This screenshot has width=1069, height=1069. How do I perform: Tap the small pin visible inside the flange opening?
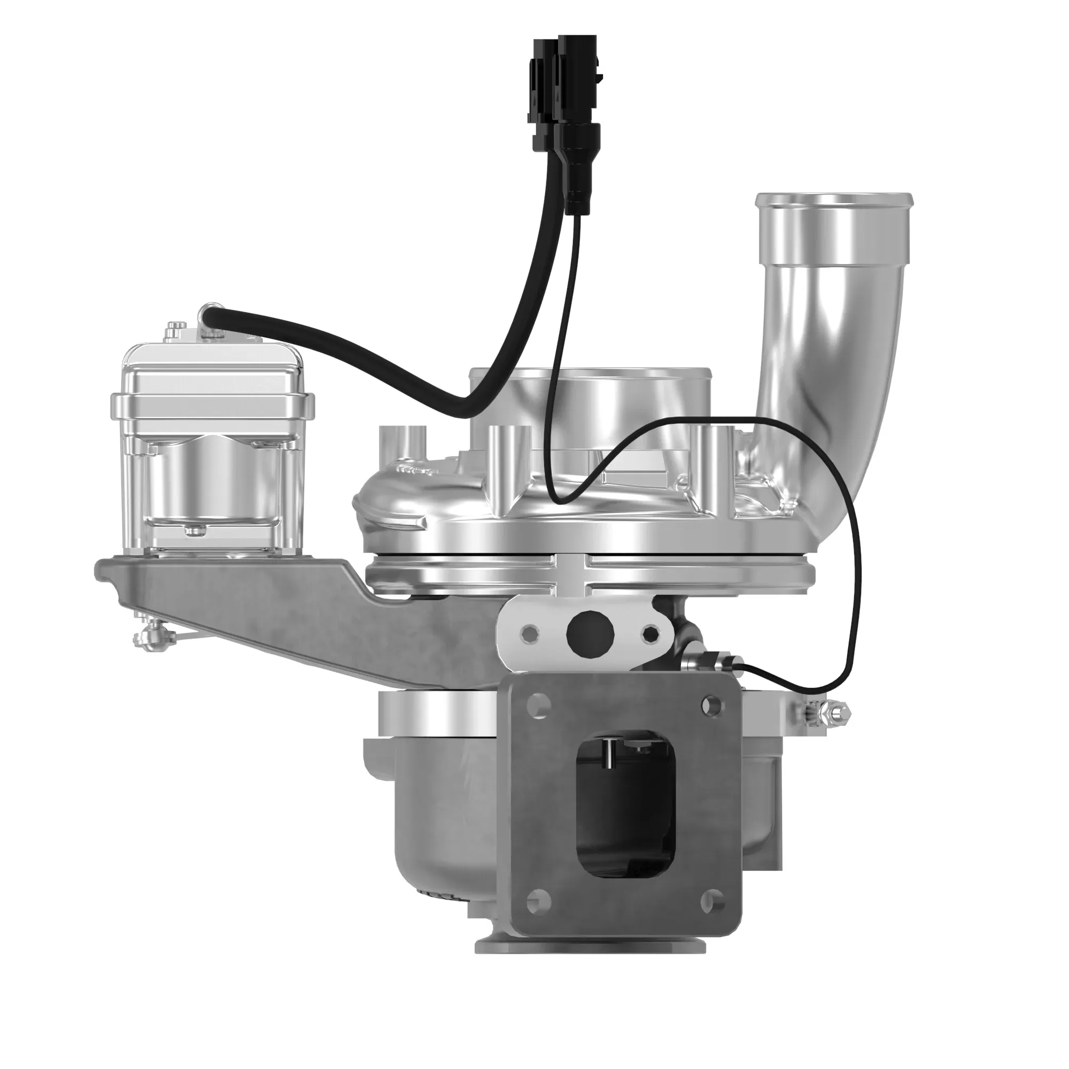click(609, 754)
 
